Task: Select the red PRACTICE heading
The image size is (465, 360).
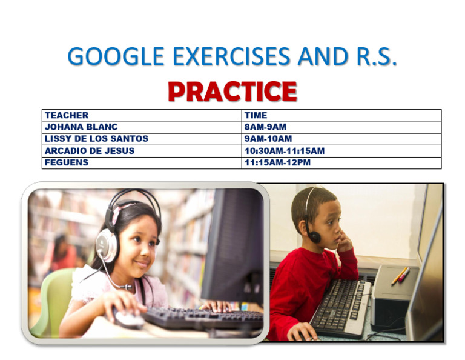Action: (x=232, y=92)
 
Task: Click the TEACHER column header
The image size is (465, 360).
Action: (x=67, y=115)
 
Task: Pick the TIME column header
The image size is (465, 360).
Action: (x=256, y=115)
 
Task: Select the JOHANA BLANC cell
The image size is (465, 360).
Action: (x=81, y=127)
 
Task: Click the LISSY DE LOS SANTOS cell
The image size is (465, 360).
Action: (x=96, y=139)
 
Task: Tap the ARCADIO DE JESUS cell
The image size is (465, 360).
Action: (x=90, y=151)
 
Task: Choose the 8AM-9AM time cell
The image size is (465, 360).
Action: (x=265, y=127)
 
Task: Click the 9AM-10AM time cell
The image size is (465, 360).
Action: (x=268, y=139)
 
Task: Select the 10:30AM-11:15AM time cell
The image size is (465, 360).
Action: (x=284, y=151)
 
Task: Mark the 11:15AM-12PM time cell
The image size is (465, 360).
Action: (x=277, y=162)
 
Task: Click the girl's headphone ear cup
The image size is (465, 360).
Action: (x=107, y=245)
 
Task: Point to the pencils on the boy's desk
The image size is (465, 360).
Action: (x=400, y=276)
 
